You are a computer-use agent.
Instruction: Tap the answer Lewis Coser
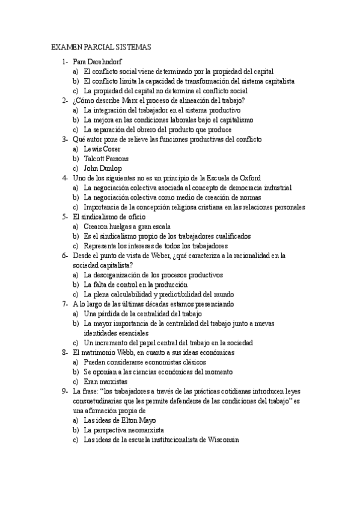click(102, 149)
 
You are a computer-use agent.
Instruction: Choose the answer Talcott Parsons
click(106, 159)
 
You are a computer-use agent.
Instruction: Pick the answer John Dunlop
click(103, 168)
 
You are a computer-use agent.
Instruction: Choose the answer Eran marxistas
click(106, 381)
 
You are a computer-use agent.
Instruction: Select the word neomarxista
click(145, 430)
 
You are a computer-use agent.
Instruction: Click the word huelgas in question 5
click(120, 227)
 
